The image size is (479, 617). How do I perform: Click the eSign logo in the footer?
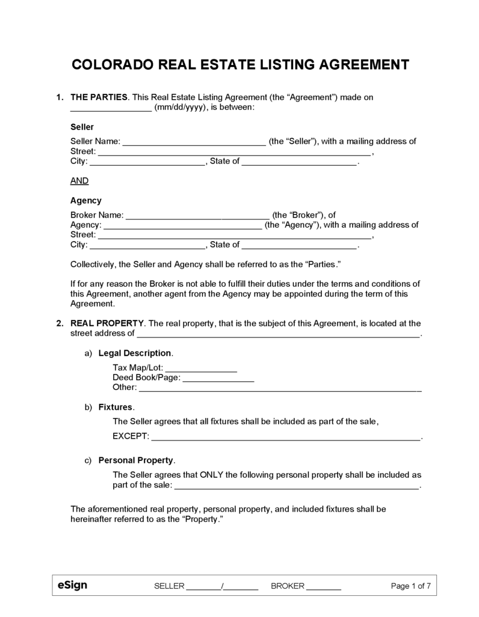72,585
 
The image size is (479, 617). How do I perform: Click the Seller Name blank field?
194,142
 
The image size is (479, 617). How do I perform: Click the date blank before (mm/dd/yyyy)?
111,107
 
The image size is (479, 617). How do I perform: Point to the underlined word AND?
79,180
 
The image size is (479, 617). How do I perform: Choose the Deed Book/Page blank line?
218,377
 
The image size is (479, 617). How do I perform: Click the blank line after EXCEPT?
285,436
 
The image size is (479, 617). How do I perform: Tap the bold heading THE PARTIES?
99,97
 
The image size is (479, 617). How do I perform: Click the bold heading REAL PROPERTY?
107,323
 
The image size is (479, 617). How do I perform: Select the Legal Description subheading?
135,352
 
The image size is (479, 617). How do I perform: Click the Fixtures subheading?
116,407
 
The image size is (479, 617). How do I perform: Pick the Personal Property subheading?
136,460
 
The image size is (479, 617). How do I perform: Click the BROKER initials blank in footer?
324,586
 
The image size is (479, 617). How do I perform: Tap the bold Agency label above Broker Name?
86,201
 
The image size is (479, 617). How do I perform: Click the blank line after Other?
280,387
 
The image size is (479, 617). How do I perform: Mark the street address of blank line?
279,333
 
